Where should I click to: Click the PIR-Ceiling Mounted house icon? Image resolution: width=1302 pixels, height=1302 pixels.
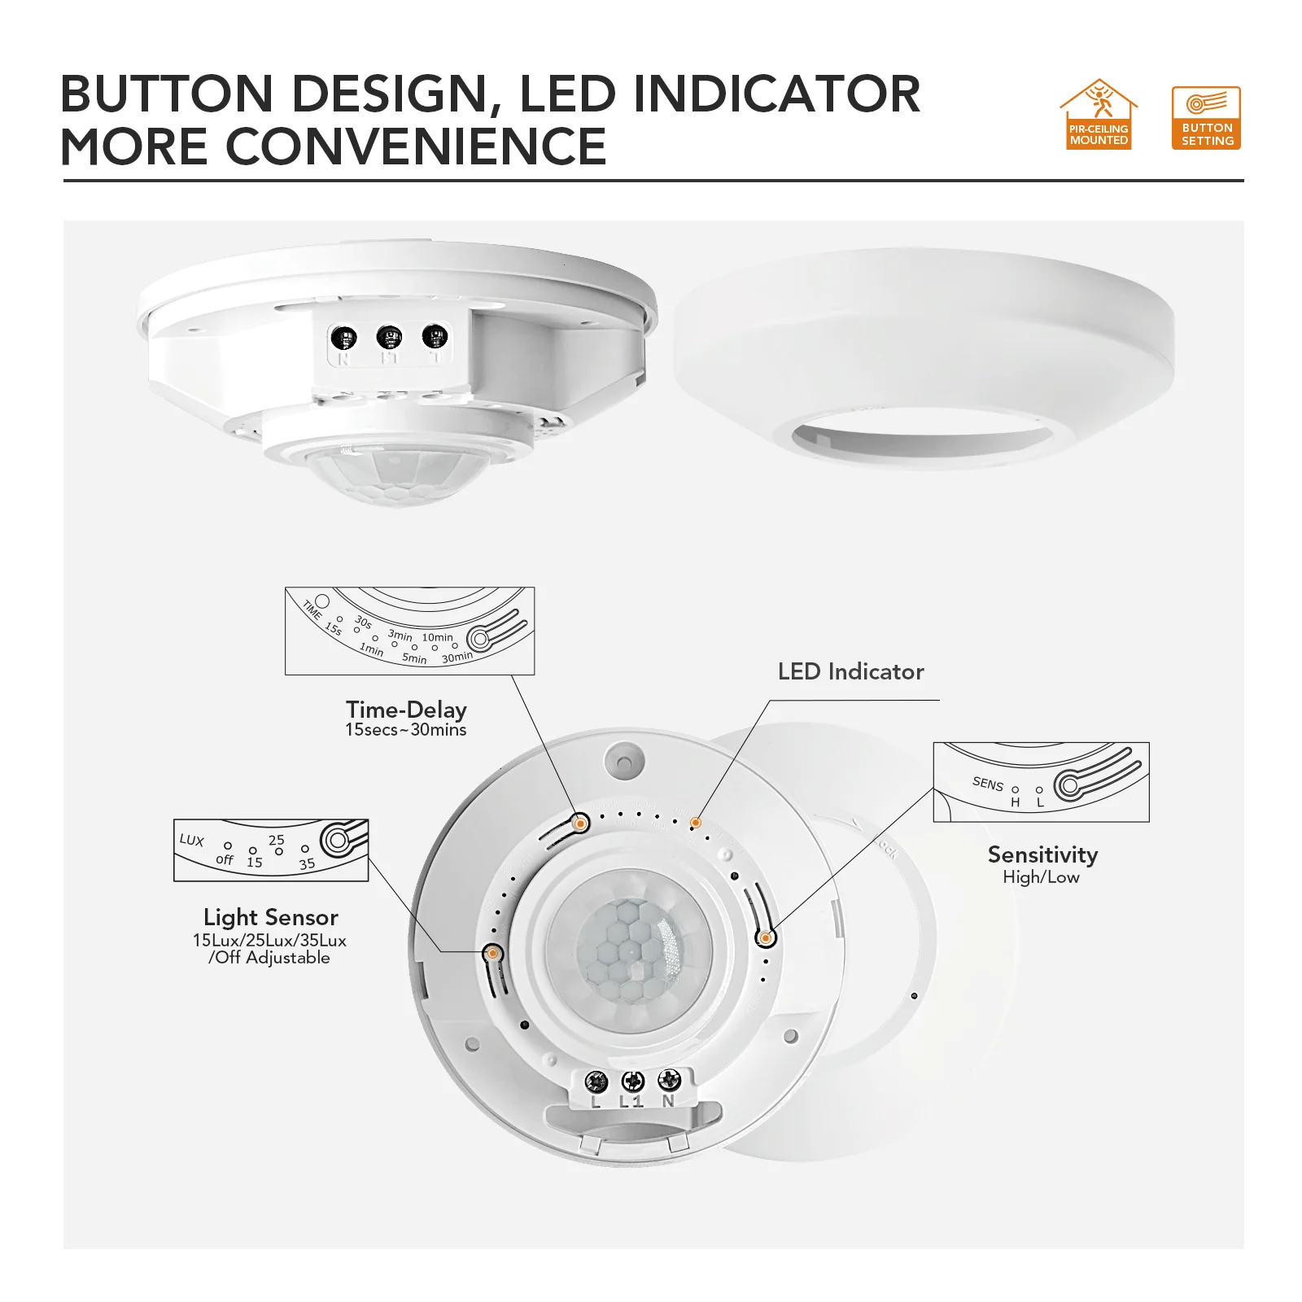pyautogui.click(x=1099, y=114)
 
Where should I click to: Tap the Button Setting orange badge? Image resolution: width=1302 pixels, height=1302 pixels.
pyautogui.click(x=1206, y=118)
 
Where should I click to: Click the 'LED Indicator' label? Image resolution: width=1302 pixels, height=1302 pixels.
pyautogui.click(x=850, y=671)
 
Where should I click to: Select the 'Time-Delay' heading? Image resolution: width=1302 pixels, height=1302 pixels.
pyautogui.click(x=406, y=710)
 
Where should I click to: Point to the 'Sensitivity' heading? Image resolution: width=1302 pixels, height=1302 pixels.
pyautogui.click(x=1042, y=854)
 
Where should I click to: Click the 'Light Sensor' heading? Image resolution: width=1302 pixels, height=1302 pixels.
pyautogui.click(x=271, y=917)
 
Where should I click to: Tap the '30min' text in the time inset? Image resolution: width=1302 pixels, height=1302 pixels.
pyautogui.click(x=457, y=657)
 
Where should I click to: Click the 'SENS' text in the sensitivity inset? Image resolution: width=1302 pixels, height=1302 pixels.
pyautogui.click(x=988, y=783)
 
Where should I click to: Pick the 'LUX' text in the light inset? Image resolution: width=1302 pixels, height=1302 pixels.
pyautogui.click(x=192, y=840)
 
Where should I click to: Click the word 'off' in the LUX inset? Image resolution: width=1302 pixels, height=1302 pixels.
pyautogui.click(x=225, y=859)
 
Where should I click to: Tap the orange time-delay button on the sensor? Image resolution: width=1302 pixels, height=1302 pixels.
pyautogui.click(x=580, y=824)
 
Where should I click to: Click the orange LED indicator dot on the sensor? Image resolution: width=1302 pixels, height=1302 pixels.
pyautogui.click(x=696, y=824)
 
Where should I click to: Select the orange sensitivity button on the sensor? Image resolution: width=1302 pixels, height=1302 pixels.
pyautogui.click(x=765, y=938)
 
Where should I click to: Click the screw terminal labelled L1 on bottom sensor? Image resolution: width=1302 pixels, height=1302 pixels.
pyautogui.click(x=632, y=1081)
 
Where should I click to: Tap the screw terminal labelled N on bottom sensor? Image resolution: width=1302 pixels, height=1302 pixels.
pyautogui.click(x=669, y=1080)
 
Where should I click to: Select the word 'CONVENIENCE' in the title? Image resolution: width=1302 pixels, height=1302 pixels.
pyautogui.click(x=415, y=146)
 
